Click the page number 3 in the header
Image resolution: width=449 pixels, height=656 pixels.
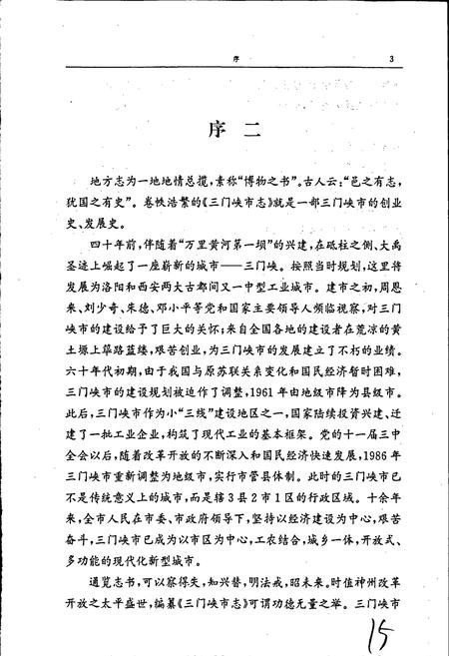click(392, 59)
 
